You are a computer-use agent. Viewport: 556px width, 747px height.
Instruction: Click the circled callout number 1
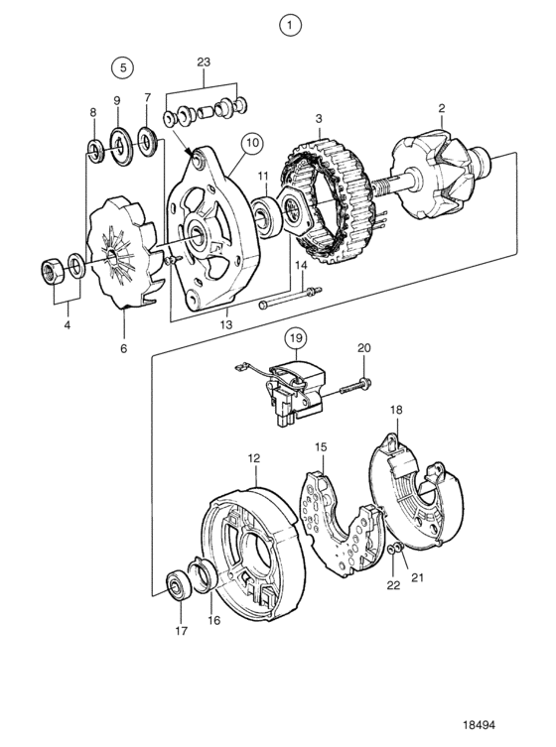tap(290, 25)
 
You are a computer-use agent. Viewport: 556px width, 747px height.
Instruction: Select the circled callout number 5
tap(122, 67)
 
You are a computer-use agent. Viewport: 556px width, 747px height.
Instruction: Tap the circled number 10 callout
tap(252, 143)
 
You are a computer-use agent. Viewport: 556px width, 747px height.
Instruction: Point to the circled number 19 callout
tap(296, 338)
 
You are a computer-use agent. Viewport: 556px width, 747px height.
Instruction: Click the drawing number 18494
tap(479, 724)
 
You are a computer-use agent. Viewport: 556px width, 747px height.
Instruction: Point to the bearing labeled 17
tap(179, 585)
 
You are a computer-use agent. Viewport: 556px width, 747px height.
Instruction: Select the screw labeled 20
tap(356, 386)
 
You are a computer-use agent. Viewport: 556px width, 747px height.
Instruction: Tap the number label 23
tap(204, 62)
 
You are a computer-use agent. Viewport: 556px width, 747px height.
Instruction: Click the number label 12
tap(254, 458)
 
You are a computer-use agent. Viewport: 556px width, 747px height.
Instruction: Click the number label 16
tap(214, 620)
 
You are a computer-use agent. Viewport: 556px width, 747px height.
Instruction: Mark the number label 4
tap(68, 325)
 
